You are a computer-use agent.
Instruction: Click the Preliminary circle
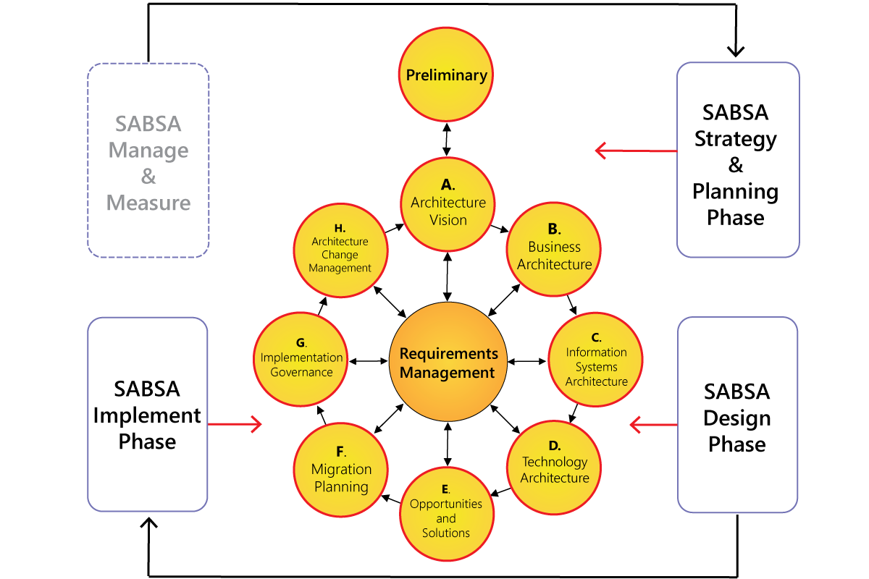[447, 75]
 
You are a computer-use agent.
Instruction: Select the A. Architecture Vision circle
[448, 204]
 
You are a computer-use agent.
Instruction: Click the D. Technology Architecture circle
[555, 466]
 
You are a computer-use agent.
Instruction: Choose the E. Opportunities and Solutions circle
[446, 514]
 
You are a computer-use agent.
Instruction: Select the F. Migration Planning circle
[340, 470]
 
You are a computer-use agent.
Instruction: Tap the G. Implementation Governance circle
[301, 359]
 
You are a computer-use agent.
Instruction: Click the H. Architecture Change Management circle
[340, 250]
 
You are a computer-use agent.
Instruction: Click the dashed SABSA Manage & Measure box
[148, 161]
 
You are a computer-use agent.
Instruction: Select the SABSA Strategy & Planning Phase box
[737, 160]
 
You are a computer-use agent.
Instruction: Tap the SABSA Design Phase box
[737, 415]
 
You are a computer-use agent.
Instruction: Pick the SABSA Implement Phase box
[148, 415]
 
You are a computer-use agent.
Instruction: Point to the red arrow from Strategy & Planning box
[636, 151]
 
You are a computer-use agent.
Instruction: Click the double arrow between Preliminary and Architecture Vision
[447, 140]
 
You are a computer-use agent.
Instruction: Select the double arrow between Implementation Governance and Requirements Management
[368, 360]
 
